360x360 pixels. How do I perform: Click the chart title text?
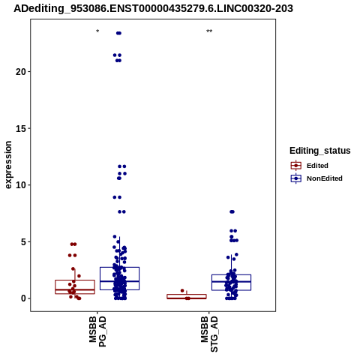[153, 8]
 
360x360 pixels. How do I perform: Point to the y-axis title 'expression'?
[8, 165]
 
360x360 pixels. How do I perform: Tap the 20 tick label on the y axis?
[21, 72]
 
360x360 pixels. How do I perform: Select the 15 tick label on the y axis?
[21, 128]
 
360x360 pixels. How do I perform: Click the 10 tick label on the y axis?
[21, 185]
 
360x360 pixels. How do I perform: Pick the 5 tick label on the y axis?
[23, 242]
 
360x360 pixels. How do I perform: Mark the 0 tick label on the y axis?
[23, 298]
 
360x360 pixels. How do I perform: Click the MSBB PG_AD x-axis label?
[97, 331]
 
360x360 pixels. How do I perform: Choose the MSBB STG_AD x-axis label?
[209, 334]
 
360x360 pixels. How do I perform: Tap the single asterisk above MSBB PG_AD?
[97, 31]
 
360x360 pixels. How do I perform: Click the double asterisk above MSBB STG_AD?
[209, 31]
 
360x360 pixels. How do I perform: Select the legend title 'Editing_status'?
[320, 151]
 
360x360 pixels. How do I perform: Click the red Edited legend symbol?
[296, 166]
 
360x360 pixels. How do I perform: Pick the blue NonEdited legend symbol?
[296, 178]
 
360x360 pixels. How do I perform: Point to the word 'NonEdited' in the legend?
[325, 178]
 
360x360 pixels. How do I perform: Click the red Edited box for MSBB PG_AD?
[75, 280]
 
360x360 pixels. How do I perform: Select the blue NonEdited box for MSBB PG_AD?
[119, 268]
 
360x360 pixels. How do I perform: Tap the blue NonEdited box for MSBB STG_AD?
[231, 275]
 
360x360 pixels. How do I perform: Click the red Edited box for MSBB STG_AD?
[187, 295]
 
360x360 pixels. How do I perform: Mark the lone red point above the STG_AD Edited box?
[182, 290]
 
